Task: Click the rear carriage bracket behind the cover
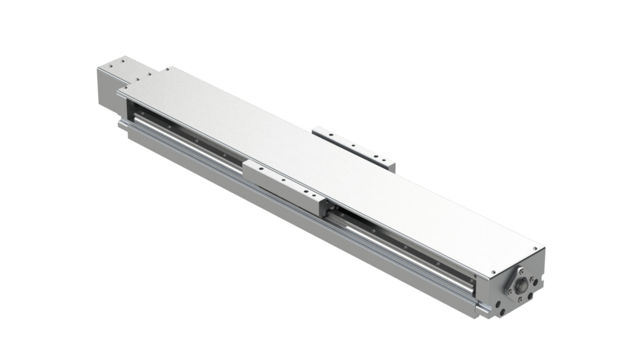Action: point(354,145)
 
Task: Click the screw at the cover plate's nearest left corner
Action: point(124,92)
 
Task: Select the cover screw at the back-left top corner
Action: point(169,68)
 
